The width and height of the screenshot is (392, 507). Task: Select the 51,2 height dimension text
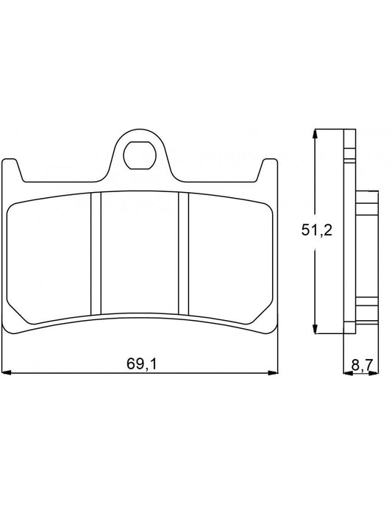click(317, 230)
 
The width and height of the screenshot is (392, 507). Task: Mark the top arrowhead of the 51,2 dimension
click(316, 135)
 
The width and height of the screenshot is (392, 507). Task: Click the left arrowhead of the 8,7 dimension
click(346, 372)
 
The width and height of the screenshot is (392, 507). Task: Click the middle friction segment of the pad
click(140, 250)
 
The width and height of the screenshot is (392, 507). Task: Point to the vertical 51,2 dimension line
click(316, 280)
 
